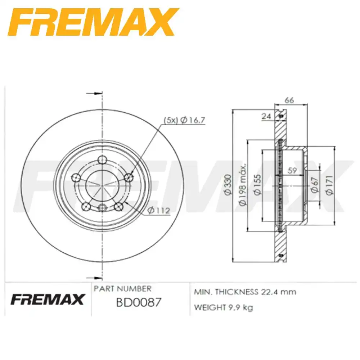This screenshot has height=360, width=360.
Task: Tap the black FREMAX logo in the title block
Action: [x=48, y=299]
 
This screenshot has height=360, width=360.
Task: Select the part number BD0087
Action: [x=138, y=302]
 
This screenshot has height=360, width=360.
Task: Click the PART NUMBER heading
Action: [x=122, y=289]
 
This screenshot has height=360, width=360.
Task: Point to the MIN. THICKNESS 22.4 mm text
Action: [x=245, y=292]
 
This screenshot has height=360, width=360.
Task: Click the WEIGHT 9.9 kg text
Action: [x=224, y=307]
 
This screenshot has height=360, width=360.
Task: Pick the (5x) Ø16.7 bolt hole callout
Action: [x=184, y=121]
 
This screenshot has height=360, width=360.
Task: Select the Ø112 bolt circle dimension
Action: [x=159, y=211]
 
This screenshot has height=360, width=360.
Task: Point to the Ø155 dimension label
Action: [x=257, y=185]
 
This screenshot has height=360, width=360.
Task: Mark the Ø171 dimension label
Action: [x=329, y=185]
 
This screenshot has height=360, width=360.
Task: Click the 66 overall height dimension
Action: [x=289, y=100]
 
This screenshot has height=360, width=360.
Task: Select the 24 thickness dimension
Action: [x=266, y=116]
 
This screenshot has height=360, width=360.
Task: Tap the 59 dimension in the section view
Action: [x=293, y=171]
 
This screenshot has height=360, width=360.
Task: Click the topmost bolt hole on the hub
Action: [x=103, y=159]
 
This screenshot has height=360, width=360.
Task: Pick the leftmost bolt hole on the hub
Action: [x=76, y=177]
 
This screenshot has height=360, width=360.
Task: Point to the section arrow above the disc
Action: [x=94, y=93]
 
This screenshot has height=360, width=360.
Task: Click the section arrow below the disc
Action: [x=94, y=278]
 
